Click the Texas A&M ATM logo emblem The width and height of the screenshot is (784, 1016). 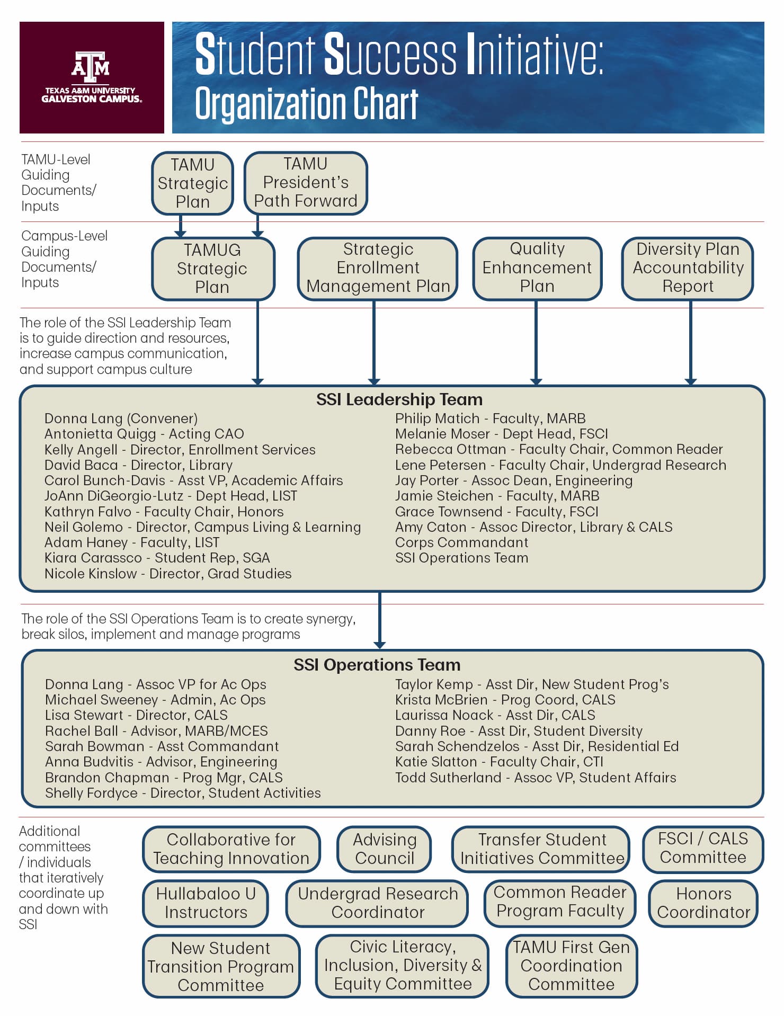tap(91, 67)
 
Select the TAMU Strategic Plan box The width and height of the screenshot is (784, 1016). tap(193, 183)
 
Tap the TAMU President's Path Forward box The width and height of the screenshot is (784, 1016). tap(306, 183)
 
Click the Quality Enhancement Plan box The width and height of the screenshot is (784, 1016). tap(537, 268)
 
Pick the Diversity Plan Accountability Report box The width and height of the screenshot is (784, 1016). tap(688, 268)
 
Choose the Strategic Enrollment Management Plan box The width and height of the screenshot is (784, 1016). tap(378, 268)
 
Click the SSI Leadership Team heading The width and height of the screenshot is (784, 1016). tap(399, 399)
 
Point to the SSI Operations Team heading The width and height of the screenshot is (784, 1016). tap(377, 665)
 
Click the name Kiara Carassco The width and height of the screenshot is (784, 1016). tap(93, 558)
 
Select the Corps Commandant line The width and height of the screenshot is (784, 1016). tap(461, 542)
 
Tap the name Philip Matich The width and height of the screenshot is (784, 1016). tap(437, 418)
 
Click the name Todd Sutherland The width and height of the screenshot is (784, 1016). tap(448, 778)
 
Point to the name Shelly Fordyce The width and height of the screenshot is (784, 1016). tap(91, 793)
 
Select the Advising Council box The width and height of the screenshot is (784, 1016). tap(385, 849)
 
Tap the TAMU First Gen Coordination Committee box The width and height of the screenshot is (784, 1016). tap(571, 966)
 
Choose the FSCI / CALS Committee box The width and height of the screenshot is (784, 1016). tap(703, 849)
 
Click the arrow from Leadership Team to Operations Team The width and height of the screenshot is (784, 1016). tap(379, 620)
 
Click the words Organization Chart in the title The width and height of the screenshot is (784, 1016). tap(307, 104)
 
